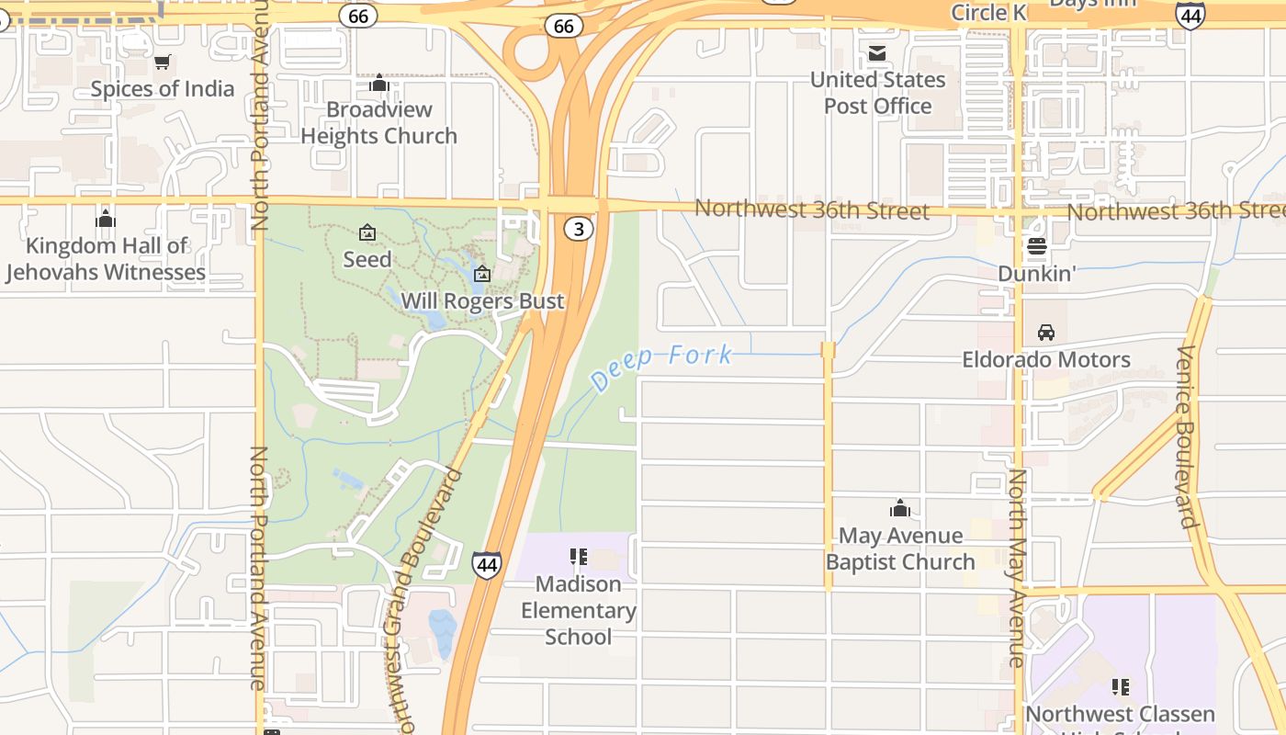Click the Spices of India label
[x=163, y=89]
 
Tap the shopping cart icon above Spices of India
[x=163, y=62]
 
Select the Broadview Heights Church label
[x=378, y=122]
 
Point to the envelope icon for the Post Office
[x=877, y=53]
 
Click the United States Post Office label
[x=877, y=93]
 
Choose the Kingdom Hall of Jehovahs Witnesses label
[x=106, y=259]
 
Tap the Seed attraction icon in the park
[x=367, y=232]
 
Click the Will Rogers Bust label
[x=482, y=301]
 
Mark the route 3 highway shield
[x=579, y=229]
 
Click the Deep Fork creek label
[x=661, y=365]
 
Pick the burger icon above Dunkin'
[x=1037, y=246]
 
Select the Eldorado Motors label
[x=1046, y=359]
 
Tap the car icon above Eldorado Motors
[x=1046, y=333]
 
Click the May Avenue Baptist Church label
[x=900, y=548]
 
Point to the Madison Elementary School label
[x=579, y=610]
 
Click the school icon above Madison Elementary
[x=579, y=556]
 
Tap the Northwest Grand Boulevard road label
[x=428, y=597]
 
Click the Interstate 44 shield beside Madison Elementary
[x=487, y=564]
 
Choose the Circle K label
[x=987, y=12]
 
